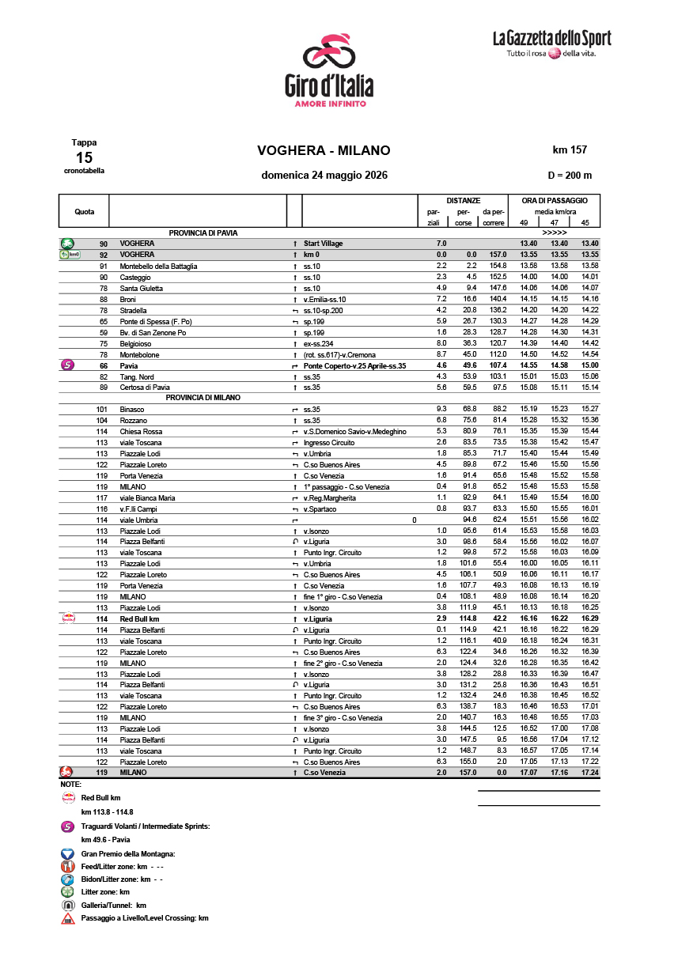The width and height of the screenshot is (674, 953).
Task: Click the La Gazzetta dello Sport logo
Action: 551,44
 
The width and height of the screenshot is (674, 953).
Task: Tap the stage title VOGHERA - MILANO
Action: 324,151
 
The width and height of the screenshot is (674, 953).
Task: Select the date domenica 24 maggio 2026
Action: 324,176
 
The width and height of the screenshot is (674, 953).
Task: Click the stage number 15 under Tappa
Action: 84,157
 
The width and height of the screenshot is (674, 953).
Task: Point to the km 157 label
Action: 570,149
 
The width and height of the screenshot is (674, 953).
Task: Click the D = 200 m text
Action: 570,176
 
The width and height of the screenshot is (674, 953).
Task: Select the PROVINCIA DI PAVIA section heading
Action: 203,233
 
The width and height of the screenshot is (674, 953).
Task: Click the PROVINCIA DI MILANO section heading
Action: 203,398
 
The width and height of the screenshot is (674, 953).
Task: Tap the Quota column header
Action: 85,212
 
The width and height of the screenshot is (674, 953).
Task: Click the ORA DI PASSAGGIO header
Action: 554,201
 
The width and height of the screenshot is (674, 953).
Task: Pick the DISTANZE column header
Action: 463,201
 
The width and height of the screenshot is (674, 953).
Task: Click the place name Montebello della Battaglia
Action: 158,267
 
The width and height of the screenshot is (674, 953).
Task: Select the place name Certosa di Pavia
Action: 145,388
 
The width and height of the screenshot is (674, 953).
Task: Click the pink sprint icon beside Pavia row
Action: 67,365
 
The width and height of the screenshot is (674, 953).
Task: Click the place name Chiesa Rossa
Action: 141,432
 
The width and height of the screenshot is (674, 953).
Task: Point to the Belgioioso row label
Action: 136,344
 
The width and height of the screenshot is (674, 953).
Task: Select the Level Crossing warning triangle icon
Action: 67,919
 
